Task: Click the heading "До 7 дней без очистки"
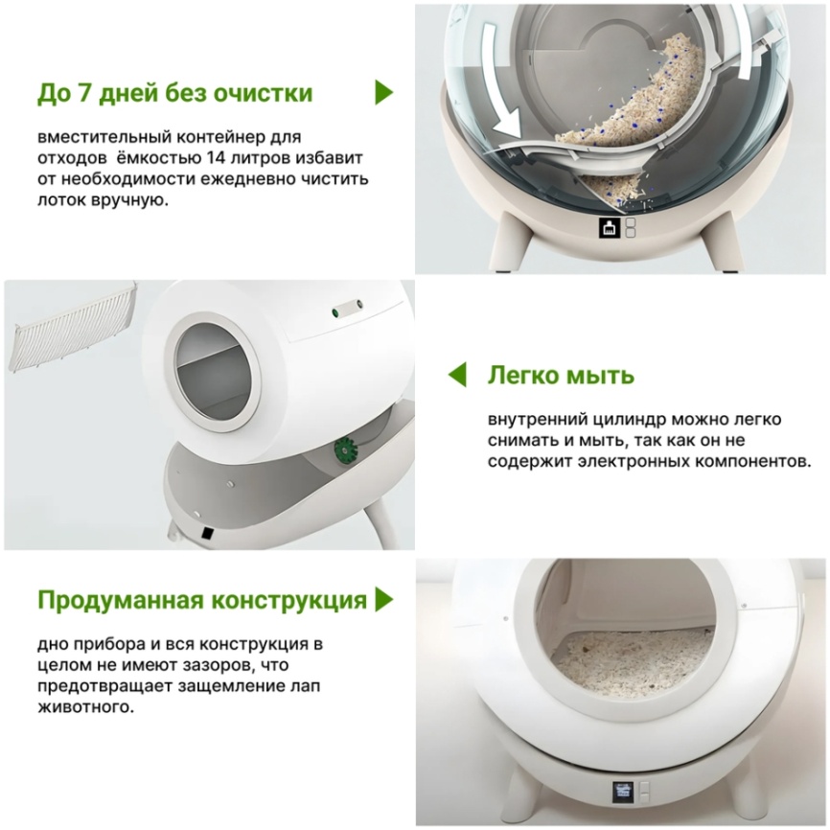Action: tap(174, 93)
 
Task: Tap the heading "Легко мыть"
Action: tap(561, 376)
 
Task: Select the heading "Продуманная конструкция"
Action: tap(202, 600)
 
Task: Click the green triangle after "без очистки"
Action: tap(383, 93)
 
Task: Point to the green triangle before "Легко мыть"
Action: tap(457, 375)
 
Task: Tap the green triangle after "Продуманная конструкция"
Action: tap(383, 600)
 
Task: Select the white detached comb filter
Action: tap(73, 327)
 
